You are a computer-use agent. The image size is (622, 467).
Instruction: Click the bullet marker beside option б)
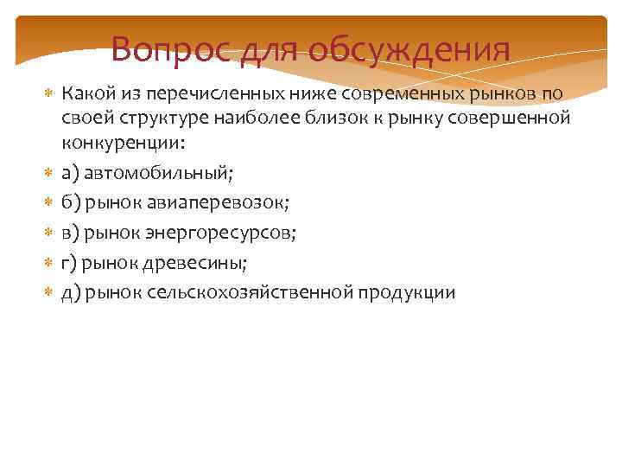coord(48,202)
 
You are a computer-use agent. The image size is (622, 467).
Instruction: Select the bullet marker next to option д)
coord(48,292)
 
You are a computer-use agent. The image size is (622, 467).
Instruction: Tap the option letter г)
coord(69,262)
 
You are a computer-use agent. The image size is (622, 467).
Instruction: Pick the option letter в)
coord(70,232)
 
